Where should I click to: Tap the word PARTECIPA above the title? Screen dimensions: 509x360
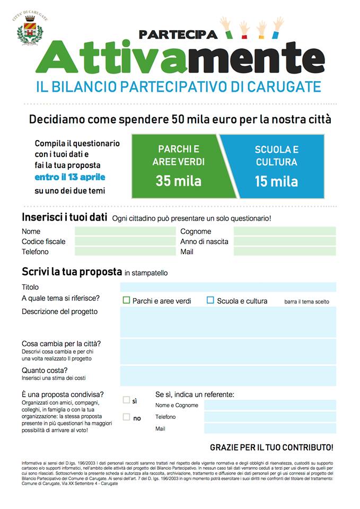(x=178, y=34)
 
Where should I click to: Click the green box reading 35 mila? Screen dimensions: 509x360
(x=179, y=166)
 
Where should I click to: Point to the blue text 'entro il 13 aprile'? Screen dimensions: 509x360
(x=70, y=177)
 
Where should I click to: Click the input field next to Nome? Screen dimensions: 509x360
(x=125, y=231)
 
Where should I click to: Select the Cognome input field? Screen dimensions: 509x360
(x=285, y=231)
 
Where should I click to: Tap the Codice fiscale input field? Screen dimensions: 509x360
(x=125, y=241)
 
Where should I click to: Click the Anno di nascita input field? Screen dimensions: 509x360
(x=285, y=241)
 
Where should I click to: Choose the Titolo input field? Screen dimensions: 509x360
(x=228, y=287)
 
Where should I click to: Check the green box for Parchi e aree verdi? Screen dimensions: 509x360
(x=126, y=300)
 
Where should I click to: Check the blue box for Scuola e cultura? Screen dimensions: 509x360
(x=210, y=300)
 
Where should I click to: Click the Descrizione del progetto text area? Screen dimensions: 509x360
(x=228, y=321)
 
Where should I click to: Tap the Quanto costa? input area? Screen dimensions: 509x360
(x=228, y=375)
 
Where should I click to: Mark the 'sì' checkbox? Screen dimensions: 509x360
(x=126, y=400)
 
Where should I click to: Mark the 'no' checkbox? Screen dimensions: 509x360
(x=126, y=417)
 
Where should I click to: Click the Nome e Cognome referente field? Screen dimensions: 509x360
(x=270, y=405)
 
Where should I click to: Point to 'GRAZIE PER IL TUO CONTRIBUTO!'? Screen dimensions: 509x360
(x=271, y=447)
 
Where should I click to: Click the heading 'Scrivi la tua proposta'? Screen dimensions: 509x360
(x=72, y=272)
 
